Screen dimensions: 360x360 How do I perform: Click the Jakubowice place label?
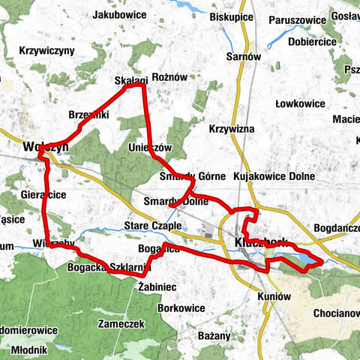click(119, 14)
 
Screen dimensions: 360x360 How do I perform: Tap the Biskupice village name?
click(253, 16)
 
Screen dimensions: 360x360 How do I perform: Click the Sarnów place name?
click(244, 55)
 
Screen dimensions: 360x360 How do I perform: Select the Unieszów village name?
click(151, 147)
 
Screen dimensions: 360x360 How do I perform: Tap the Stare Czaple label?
click(153, 225)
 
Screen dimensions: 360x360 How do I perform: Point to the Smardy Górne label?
click(193, 177)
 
